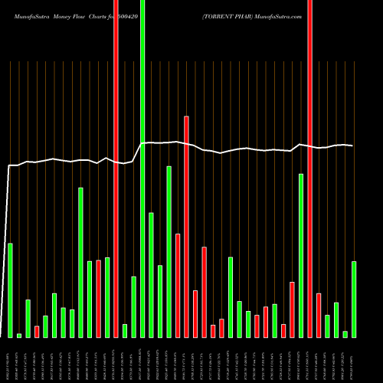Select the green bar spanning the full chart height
point(142,169)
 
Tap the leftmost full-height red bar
point(116,169)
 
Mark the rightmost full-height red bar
point(309,169)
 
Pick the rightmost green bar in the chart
point(354,299)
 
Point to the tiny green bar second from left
point(19,335)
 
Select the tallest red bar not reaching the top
point(186,226)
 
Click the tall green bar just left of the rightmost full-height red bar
point(301,255)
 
